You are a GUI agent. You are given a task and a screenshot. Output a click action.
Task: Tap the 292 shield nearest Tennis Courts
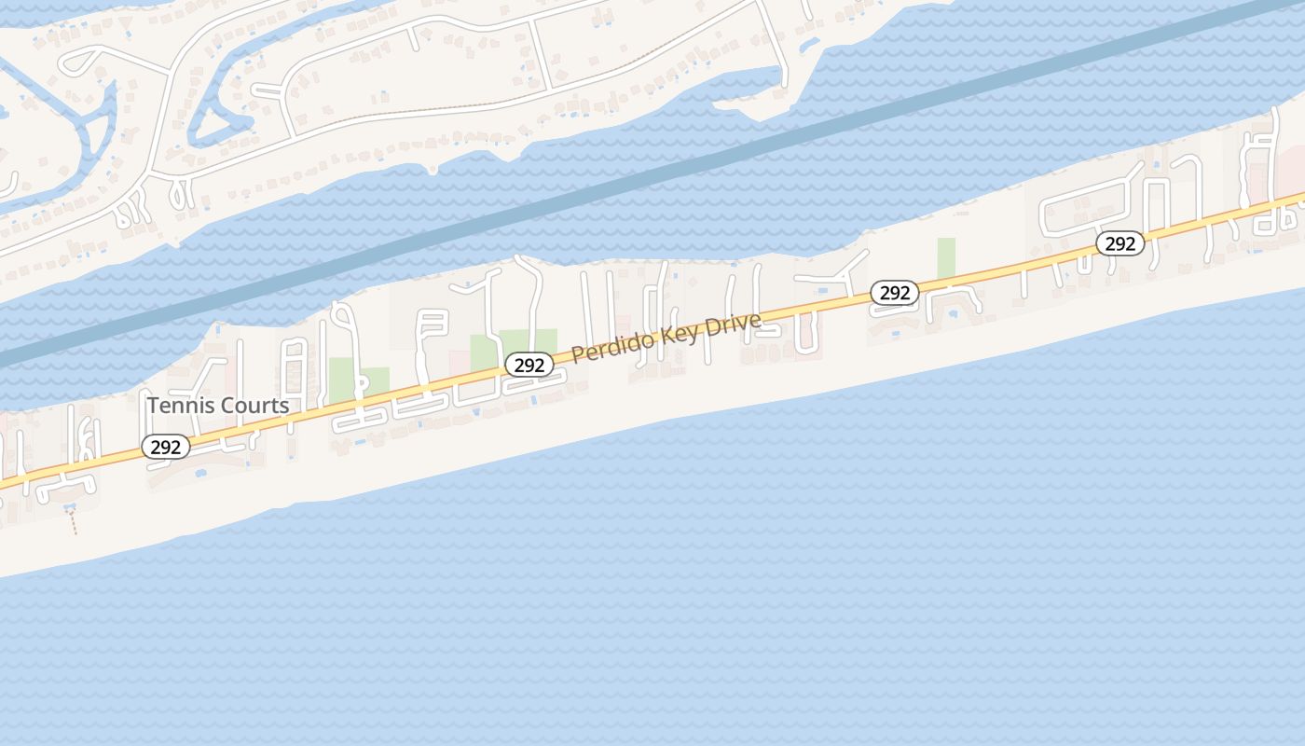click(x=166, y=447)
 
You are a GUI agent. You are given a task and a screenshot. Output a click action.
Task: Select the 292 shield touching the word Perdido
click(x=529, y=365)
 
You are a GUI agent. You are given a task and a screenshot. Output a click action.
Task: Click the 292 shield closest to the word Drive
click(x=894, y=293)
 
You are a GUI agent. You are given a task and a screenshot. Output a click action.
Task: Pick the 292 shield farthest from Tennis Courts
click(x=1119, y=243)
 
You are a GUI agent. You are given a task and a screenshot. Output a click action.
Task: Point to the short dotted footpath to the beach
click(x=73, y=521)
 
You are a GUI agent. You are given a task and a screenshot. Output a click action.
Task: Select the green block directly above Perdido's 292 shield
click(x=528, y=339)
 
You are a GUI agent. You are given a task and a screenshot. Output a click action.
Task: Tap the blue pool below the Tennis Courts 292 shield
click(x=201, y=474)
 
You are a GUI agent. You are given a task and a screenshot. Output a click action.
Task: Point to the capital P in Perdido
click(x=577, y=354)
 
